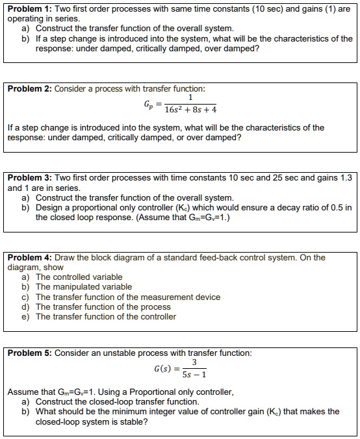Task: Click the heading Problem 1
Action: (x=28, y=8)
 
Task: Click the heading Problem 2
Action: (x=28, y=88)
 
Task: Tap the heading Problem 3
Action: (x=28, y=177)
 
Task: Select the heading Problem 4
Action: (x=28, y=257)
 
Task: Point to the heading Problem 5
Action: (x=28, y=353)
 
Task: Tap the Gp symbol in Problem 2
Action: (x=149, y=103)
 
